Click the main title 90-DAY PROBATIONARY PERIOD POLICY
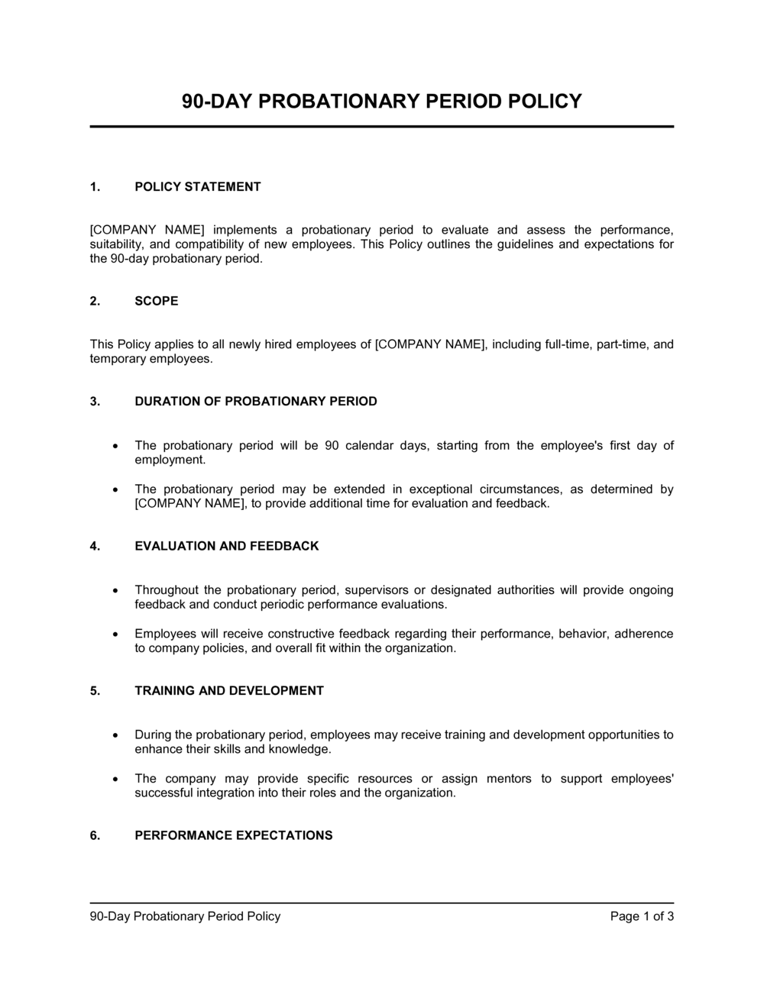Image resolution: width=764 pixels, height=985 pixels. tap(382, 101)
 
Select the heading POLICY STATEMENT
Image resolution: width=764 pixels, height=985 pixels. tap(198, 186)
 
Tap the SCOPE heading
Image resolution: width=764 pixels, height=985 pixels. tap(157, 301)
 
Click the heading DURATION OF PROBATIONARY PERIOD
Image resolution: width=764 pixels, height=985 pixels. tap(256, 401)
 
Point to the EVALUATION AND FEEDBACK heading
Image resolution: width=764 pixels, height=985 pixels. tap(227, 546)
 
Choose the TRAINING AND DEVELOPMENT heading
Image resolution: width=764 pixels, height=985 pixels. tap(229, 690)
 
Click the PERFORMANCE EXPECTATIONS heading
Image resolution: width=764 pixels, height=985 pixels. tap(234, 835)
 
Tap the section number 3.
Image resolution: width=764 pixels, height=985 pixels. tap(95, 401)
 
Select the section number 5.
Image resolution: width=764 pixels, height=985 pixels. tap(95, 690)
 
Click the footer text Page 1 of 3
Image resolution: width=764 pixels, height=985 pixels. tap(642, 916)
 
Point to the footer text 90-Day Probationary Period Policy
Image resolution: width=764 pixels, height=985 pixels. tap(186, 916)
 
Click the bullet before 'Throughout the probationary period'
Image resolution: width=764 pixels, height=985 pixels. tap(115, 590)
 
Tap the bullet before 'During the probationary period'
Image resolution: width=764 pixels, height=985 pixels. tap(115, 735)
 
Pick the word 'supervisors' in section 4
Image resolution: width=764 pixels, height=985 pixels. tap(375, 589)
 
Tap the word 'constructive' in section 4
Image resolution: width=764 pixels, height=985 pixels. tap(275, 633)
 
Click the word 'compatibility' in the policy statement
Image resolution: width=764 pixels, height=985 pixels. tap(211, 244)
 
